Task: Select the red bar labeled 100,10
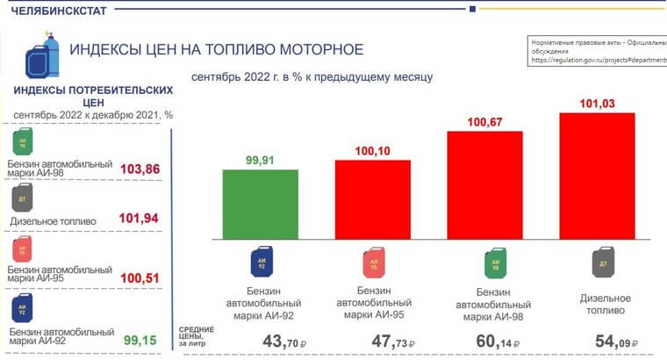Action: [372, 199]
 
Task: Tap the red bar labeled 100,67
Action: [485, 185]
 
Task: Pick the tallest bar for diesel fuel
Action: [597, 176]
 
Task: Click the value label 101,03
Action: [597, 104]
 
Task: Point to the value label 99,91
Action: [260, 161]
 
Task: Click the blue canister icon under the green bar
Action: [261, 262]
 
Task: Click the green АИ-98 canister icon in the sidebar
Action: [23, 143]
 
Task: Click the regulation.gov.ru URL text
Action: [597, 61]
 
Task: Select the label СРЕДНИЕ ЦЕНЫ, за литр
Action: [202, 338]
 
